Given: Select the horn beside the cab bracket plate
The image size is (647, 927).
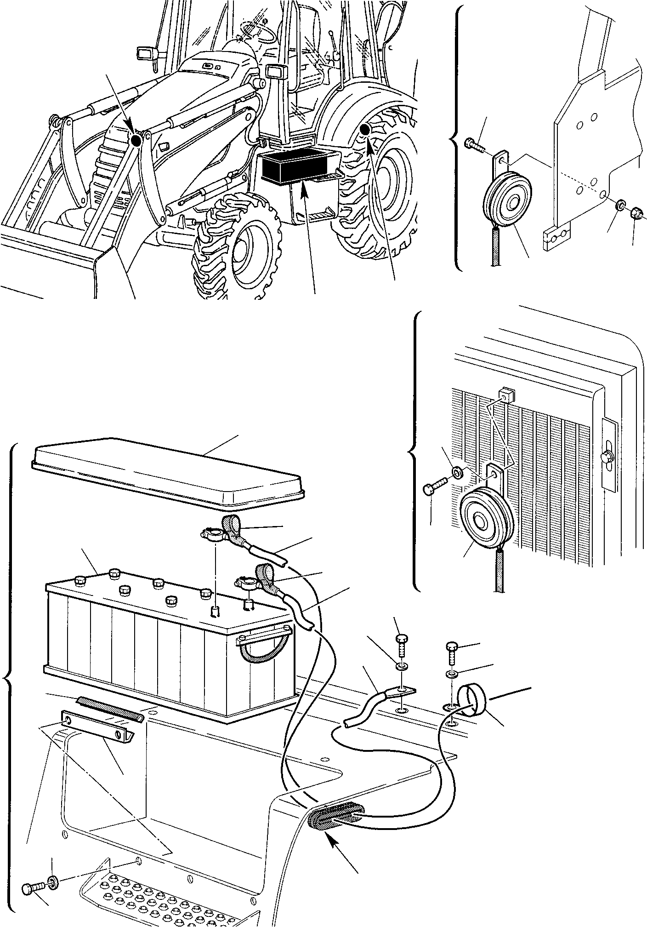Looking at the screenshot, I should pyautogui.click(x=508, y=200).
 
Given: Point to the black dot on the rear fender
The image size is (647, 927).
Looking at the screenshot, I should pyautogui.click(x=365, y=130).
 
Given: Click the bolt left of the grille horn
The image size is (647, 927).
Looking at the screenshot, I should pyautogui.click(x=434, y=486).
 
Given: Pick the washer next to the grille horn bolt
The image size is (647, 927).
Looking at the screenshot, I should pyautogui.click(x=457, y=472).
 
